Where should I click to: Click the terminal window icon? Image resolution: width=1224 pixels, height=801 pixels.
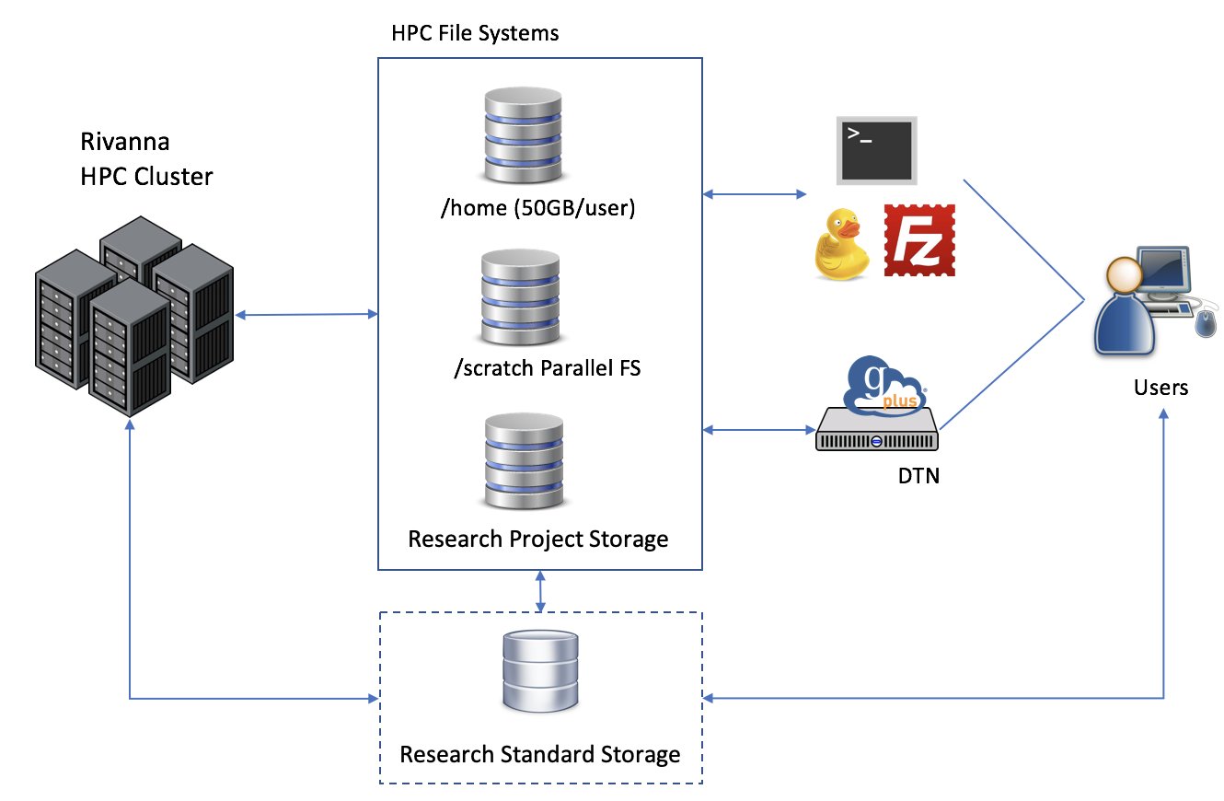pyautogui.click(x=875, y=149)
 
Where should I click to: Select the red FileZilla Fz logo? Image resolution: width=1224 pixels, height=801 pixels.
pyautogui.click(x=919, y=240)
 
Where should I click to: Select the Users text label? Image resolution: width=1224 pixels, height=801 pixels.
pyautogui.click(x=1160, y=388)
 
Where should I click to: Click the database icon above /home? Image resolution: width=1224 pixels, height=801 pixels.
pyautogui.click(x=522, y=136)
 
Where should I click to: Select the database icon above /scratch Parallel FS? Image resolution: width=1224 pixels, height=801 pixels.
pyautogui.click(x=520, y=296)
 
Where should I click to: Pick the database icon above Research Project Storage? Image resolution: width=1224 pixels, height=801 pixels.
pyautogui.click(x=522, y=459)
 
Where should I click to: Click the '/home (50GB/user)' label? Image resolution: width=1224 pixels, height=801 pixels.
pyautogui.click(x=539, y=209)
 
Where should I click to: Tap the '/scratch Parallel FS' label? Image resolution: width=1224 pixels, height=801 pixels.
pyautogui.click(x=548, y=369)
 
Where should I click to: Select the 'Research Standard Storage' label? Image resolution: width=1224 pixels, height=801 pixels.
pyautogui.click(x=540, y=755)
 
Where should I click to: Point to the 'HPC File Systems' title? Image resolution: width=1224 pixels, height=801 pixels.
pyautogui.click(x=475, y=34)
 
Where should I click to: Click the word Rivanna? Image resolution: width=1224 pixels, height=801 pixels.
pyautogui.click(x=124, y=144)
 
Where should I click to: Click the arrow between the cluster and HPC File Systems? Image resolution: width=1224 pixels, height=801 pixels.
pyautogui.click(x=306, y=315)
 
